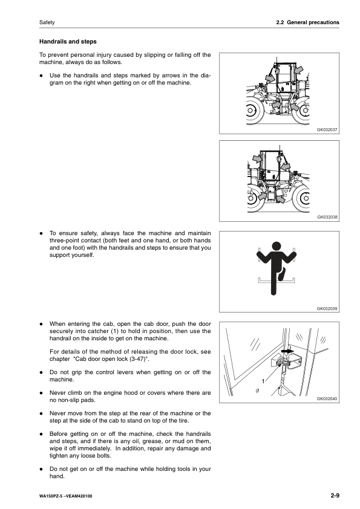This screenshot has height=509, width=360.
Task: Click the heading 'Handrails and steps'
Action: tap(68, 42)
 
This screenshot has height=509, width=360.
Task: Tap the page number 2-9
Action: tap(335, 495)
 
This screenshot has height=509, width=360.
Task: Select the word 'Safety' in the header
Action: tap(47, 22)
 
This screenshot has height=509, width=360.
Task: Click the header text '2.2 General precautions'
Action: tap(308, 22)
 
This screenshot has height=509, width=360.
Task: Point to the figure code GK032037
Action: tap(327, 129)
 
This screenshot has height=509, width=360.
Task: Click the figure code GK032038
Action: tap(327, 217)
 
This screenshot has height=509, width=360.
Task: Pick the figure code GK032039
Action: tap(327, 309)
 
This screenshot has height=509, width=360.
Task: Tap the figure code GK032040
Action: tap(327, 398)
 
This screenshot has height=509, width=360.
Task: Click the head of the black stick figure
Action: tap(276, 246)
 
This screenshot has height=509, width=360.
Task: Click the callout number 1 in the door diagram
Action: tap(263, 381)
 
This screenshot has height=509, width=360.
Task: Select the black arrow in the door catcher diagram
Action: tap(287, 351)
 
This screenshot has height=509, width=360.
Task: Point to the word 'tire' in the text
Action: tap(182, 420)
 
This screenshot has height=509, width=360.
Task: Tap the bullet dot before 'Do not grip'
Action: tap(41, 372)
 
